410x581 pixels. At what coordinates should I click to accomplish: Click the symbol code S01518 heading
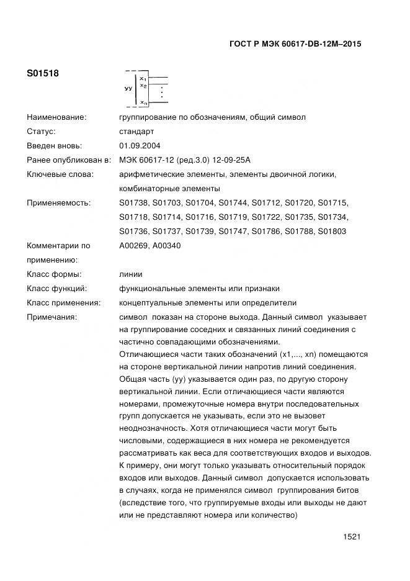coord(43,73)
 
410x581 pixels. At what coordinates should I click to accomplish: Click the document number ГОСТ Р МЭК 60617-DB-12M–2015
coord(295,44)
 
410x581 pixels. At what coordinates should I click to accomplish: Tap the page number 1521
coord(352,537)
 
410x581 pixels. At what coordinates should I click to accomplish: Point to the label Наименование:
coord(56,117)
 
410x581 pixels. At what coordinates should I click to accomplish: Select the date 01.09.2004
coord(140,146)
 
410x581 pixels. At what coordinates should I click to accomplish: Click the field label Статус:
coord(42,132)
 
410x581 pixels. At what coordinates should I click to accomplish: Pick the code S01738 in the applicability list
coord(133,203)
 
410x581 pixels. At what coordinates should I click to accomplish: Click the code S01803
coord(332,232)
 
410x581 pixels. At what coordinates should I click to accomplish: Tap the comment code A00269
coord(133,246)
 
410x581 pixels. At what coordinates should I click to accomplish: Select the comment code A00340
coord(166,246)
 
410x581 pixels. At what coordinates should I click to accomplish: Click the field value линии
coord(131,274)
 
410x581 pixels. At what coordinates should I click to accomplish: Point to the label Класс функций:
coord(56,289)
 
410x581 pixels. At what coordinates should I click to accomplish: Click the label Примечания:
coord(51,317)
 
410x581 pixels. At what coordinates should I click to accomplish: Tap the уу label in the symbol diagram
coord(128,89)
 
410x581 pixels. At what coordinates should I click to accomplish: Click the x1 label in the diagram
coord(143,79)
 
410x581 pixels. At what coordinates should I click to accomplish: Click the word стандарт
coord(136,132)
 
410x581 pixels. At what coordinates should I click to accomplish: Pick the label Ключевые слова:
coord(60,174)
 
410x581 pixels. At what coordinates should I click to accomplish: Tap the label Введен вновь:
coord(54,146)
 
